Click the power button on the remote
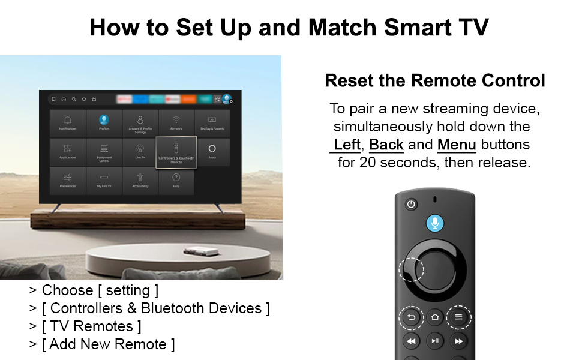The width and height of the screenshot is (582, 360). [x=411, y=204]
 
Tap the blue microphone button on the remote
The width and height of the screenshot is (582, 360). [x=435, y=223]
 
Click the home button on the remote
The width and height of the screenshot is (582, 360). [x=435, y=317]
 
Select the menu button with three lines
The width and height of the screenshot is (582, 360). [x=458, y=317]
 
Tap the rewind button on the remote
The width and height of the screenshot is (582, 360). [x=411, y=341]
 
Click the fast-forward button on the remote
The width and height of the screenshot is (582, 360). [x=458, y=341]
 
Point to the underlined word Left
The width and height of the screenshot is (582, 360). [x=347, y=145]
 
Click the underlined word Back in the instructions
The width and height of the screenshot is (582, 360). [x=386, y=145]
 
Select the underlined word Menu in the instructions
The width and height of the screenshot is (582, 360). [x=457, y=145]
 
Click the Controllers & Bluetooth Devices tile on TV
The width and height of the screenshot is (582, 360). [x=176, y=152]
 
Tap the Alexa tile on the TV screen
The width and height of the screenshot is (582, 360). [x=212, y=152]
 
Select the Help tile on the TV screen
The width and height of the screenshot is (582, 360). [x=176, y=181]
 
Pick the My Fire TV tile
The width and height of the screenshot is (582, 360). [x=104, y=181]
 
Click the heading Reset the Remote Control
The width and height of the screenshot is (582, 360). [x=434, y=80]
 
